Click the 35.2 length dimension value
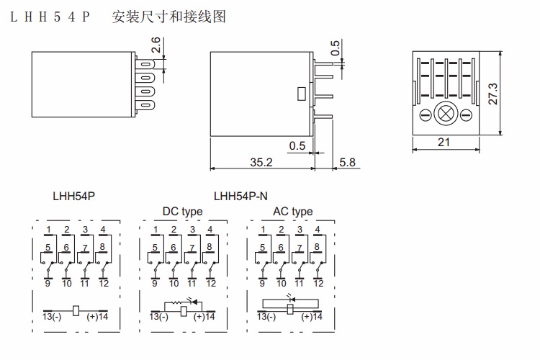261,163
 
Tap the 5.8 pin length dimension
347,163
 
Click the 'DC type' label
182,212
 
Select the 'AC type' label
292,212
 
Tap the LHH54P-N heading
240,195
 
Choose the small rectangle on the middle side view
301,92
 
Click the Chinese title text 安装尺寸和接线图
169,16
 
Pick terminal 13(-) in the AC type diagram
266,317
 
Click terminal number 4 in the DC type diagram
210,230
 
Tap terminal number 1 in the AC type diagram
264,230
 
